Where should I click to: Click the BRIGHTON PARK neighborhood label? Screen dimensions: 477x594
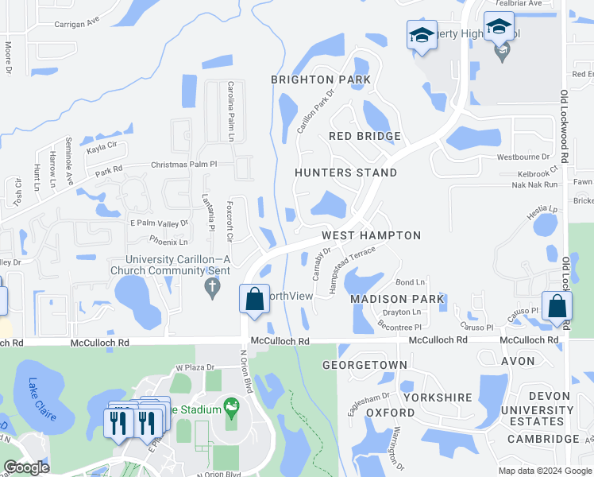pos(321,79)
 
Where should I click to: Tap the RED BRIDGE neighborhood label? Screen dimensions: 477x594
pos(365,136)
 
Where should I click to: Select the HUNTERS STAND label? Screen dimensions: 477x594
pos(345,173)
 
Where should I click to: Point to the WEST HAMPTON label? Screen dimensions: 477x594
pos(371,235)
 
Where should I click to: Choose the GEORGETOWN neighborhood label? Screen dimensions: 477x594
pos(364,365)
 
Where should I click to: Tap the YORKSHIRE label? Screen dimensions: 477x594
pos(437,397)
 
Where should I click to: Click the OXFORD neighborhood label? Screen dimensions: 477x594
pos(390,413)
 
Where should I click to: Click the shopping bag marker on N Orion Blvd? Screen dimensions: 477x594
pos(254,300)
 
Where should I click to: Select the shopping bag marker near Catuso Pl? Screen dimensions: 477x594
pos(558,306)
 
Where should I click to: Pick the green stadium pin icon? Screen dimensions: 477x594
pos(230,409)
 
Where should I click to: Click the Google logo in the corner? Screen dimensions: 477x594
pos(26,467)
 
